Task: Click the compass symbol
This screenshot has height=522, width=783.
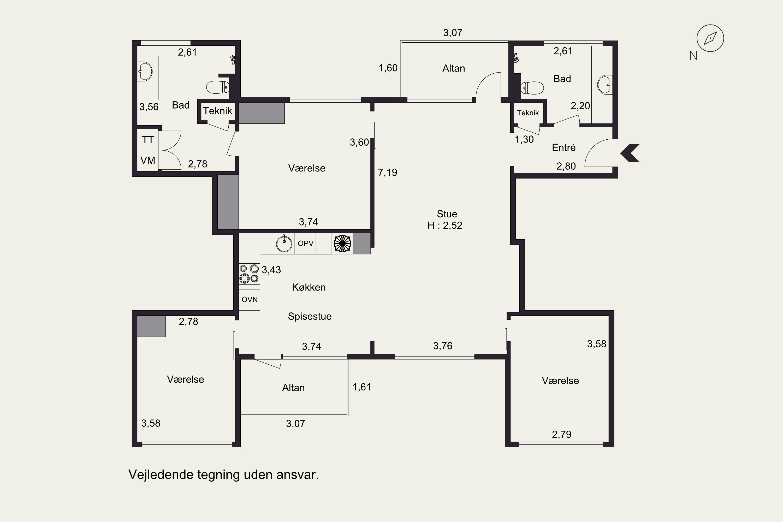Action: [710, 38]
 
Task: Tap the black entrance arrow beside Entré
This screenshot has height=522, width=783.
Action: [630, 153]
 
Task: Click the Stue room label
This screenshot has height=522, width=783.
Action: [447, 214]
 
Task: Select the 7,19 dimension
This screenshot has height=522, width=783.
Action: [388, 173]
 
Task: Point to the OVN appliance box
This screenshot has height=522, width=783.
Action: [249, 300]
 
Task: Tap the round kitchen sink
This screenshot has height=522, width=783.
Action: [284, 243]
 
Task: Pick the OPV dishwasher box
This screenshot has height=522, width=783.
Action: [305, 243]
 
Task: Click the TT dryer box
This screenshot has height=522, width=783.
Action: [148, 140]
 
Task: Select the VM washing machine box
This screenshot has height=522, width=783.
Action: [148, 161]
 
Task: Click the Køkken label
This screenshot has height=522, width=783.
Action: [309, 287]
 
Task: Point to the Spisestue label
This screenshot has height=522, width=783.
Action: [310, 316]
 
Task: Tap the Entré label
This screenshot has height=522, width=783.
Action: [563, 147]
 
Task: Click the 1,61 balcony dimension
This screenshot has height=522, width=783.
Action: [361, 387]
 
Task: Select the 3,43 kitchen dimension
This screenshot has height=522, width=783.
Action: [271, 270]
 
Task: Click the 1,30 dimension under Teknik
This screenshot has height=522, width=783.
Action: [524, 139]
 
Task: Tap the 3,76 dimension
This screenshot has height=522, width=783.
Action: [443, 346]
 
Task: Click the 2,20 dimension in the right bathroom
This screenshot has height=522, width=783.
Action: [580, 106]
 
